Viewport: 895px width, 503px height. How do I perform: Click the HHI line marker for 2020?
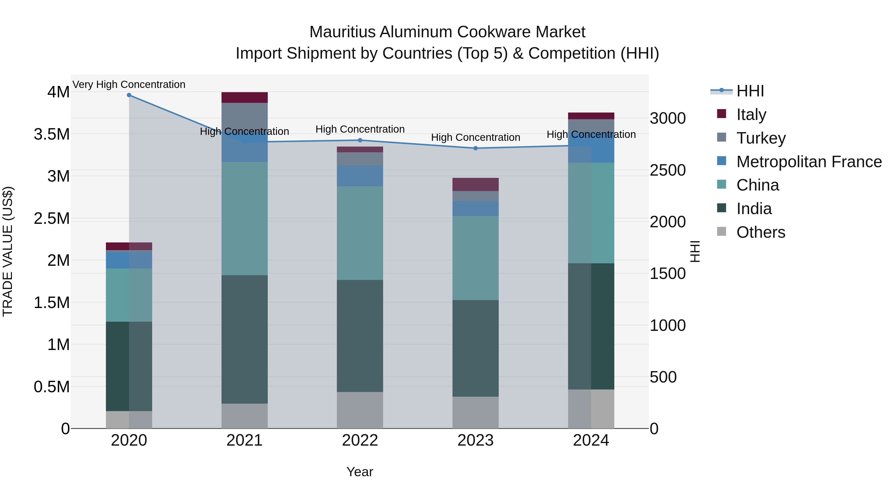[x=129, y=95]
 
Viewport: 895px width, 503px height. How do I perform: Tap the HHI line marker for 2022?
[x=360, y=140]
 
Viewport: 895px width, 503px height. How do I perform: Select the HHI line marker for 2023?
[x=476, y=148]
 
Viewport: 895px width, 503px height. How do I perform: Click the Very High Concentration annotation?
[x=129, y=84]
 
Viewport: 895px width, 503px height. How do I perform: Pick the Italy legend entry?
[x=751, y=114]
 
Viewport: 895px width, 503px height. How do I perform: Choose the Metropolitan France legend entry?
[x=808, y=161]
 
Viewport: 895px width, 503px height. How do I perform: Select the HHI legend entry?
[x=750, y=91]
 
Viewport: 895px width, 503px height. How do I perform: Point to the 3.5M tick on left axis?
[x=52, y=134]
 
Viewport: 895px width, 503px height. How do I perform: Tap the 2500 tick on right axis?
[x=668, y=170]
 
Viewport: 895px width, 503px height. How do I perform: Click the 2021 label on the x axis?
[x=244, y=440]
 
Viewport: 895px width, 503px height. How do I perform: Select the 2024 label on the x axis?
[x=591, y=440]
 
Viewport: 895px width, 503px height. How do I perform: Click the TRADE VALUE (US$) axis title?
[x=8, y=251]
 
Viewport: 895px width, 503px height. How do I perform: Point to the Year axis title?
[x=359, y=472]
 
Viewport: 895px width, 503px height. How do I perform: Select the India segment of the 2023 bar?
[x=475, y=348]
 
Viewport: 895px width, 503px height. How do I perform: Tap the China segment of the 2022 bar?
[x=360, y=233]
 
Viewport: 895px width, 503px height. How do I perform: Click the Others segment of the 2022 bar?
[x=360, y=410]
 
